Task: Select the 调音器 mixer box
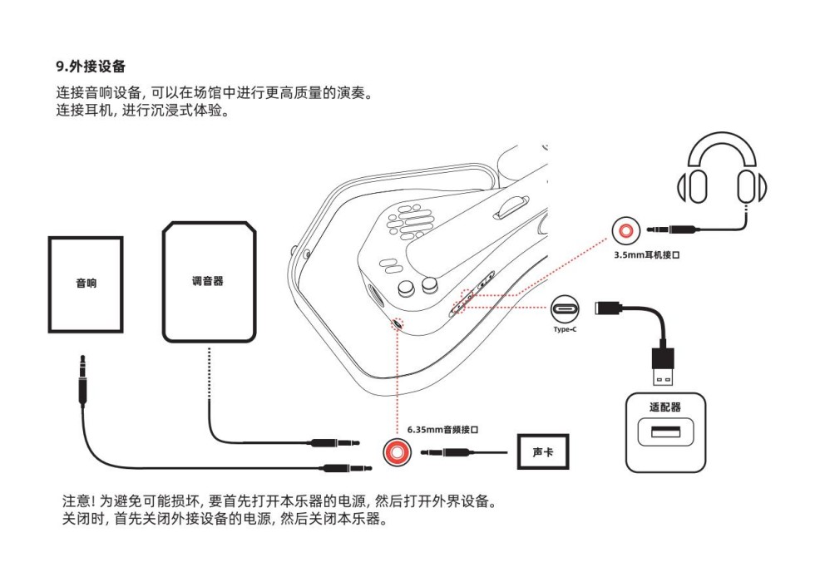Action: click(x=208, y=282)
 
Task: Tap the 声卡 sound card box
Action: click(x=542, y=451)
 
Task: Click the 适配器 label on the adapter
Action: click(x=664, y=407)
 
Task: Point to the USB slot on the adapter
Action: click(x=664, y=433)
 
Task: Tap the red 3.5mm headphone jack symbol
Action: click(x=625, y=230)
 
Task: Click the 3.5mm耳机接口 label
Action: click(x=647, y=255)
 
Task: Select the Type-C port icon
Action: click(x=570, y=309)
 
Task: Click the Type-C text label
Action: click(x=566, y=330)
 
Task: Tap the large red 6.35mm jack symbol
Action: click(x=398, y=452)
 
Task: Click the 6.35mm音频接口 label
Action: click(x=442, y=430)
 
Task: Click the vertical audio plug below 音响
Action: click(x=81, y=382)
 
